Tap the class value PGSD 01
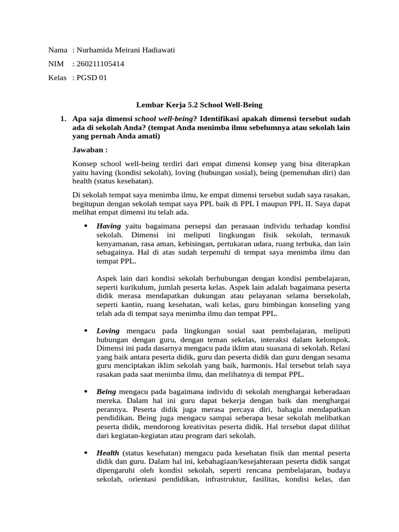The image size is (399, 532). (91, 78)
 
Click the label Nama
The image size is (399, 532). (58, 50)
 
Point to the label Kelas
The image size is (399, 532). (58, 78)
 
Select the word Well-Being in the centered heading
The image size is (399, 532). (244, 104)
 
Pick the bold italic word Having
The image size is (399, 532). (109, 226)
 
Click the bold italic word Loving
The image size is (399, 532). (108, 330)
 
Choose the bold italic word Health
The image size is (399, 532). (108, 453)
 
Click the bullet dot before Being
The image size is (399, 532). (85, 392)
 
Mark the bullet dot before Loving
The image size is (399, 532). (85, 330)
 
